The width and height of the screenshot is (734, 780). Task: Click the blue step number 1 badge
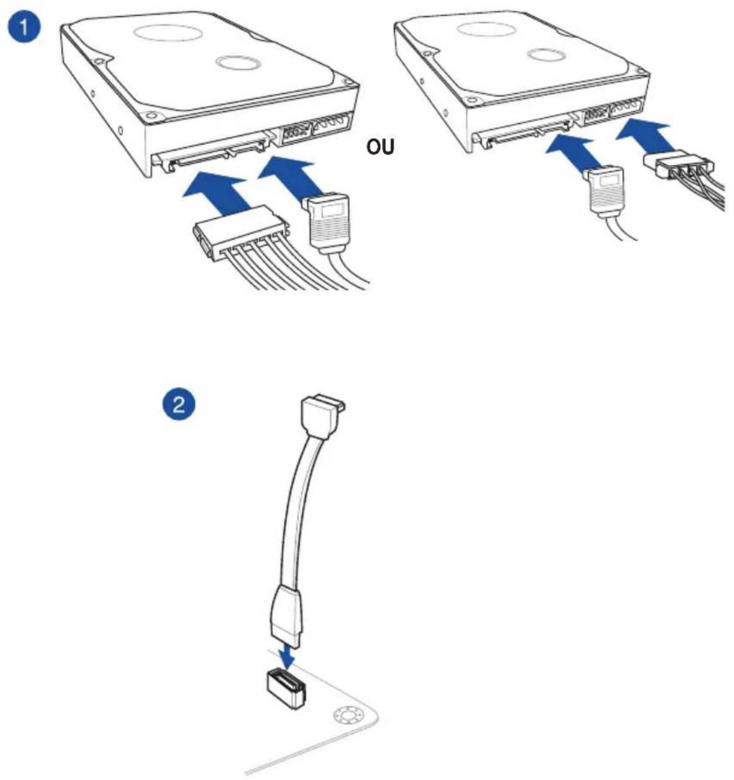(x=24, y=29)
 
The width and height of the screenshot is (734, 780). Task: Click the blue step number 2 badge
(x=179, y=404)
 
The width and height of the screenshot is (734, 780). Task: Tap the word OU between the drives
(x=380, y=148)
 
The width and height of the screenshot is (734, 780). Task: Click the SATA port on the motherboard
(x=287, y=689)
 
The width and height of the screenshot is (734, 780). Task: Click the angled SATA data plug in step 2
(x=322, y=416)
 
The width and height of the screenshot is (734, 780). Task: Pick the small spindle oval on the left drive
(x=238, y=63)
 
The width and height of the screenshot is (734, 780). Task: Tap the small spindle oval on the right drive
(x=546, y=55)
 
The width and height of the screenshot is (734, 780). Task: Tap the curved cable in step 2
(x=299, y=510)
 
